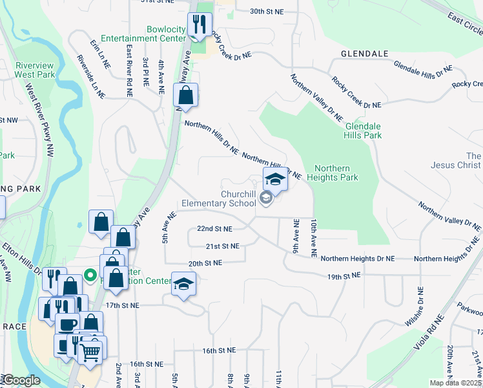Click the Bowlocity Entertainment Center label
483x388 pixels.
click(x=147, y=34)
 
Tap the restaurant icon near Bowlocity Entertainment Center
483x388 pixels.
click(x=197, y=25)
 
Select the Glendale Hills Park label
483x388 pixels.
click(x=364, y=131)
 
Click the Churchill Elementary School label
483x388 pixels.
click(x=219, y=199)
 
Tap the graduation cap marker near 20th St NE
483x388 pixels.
click(x=183, y=283)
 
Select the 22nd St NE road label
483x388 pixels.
click(x=214, y=229)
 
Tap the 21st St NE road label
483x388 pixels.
click(x=222, y=246)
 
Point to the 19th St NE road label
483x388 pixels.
click(x=343, y=276)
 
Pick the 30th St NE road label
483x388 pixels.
click(x=267, y=12)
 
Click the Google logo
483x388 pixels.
click(x=21, y=380)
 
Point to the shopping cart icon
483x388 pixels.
click(x=90, y=352)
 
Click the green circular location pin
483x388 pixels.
click(x=91, y=277)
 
